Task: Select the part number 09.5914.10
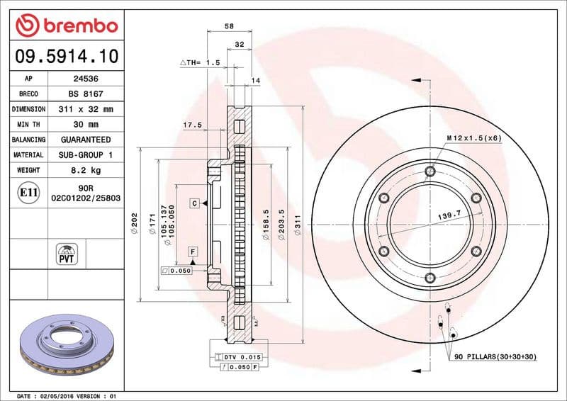(64, 55)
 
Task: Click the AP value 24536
(80, 79)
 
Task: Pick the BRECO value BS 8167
(80, 94)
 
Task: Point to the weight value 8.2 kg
(80, 171)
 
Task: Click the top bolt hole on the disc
(430, 171)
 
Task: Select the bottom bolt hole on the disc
(430, 278)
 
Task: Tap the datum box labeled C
(193, 203)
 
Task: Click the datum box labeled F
(192, 252)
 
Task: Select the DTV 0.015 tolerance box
(243, 356)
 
